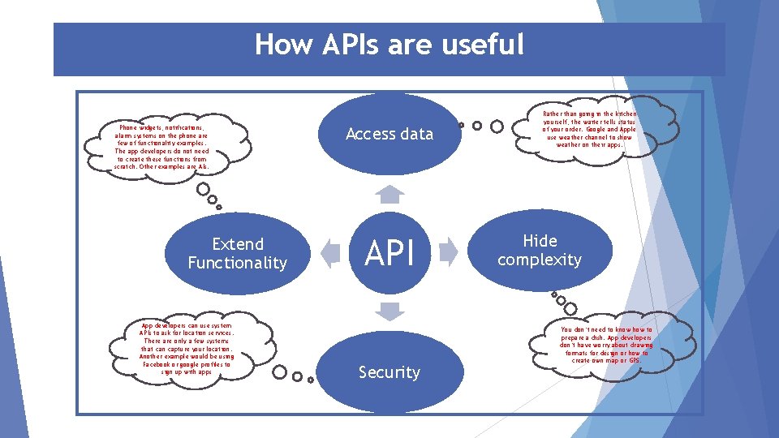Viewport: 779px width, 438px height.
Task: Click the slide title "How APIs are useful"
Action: pos(389,45)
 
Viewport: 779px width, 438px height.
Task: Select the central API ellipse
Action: pos(389,254)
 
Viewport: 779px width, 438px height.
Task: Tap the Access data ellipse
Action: pos(389,134)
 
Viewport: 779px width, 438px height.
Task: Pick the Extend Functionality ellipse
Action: pos(238,253)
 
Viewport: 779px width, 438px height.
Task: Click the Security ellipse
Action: pos(389,372)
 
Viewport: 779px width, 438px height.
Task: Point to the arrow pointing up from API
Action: pos(390,194)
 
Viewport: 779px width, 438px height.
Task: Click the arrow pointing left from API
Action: pos(330,253)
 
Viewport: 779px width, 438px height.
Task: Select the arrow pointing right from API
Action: pos(449,252)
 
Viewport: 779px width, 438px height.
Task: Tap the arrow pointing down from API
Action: pos(390,311)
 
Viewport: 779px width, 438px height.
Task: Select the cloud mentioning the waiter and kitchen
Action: pos(591,129)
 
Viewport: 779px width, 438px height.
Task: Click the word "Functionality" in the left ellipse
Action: pos(238,263)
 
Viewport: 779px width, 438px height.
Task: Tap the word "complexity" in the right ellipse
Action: pos(540,260)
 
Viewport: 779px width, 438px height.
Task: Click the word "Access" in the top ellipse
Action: pos(370,134)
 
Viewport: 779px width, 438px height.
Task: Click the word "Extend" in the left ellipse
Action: pos(238,243)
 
